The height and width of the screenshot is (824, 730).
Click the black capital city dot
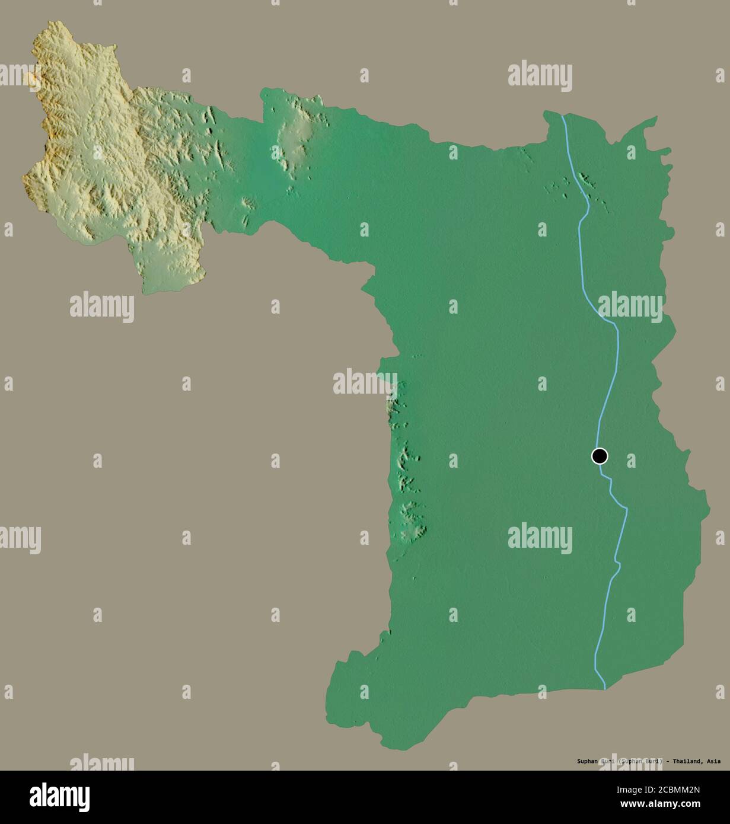pos(600,456)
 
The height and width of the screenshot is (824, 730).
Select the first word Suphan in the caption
pos(588,761)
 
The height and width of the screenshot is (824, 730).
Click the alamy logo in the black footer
pos(59,797)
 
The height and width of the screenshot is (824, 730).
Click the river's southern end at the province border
pos(604,688)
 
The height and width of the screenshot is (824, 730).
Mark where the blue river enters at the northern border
pos(563,115)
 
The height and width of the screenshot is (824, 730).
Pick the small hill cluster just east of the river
pos(588,181)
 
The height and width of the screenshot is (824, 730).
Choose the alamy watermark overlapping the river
pos(630,306)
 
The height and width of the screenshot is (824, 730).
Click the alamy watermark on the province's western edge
pos(365,382)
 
